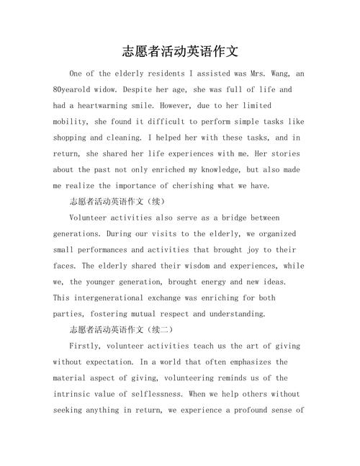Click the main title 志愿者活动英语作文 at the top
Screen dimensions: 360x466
pyautogui.click(x=180, y=52)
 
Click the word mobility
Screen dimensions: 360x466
pyautogui.click(x=71, y=121)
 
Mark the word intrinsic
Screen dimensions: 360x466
pyautogui.click(x=74, y=394)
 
